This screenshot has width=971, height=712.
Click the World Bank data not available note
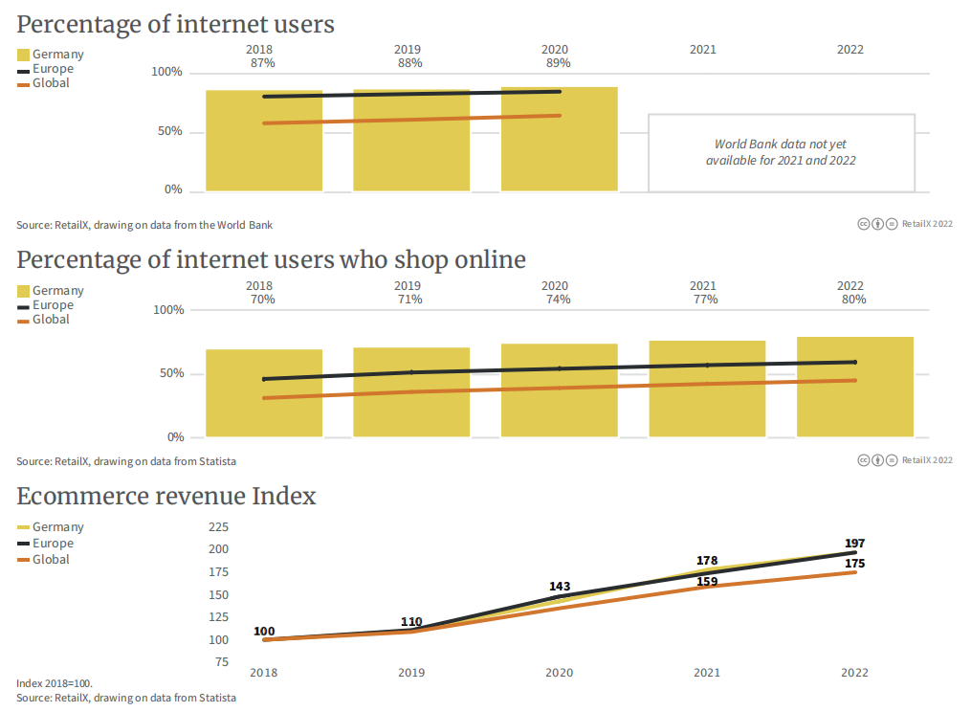point(781,153)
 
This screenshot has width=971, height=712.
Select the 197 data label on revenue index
point(854,544)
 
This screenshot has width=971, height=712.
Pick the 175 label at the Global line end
point(854,564)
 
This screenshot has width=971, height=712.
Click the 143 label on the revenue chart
point(560,587)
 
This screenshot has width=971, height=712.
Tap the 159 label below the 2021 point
point(707,581)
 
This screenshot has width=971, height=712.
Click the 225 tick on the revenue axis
point(218,527)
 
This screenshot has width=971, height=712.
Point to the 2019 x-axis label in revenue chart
point(411,673)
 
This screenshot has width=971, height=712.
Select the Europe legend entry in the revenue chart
point(52,544)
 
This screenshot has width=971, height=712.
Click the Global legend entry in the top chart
point(50,83)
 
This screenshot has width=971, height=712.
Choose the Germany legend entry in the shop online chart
point(57,291)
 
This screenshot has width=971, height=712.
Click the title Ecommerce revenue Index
point(166,496)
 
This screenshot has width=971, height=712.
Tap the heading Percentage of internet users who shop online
point(271,259)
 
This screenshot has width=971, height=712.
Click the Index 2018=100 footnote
point(55,684)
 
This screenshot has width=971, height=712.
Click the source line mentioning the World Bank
point(144,225)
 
